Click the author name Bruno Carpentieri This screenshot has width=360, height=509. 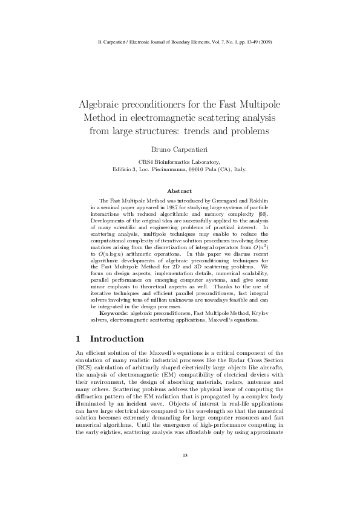tap(180, 148)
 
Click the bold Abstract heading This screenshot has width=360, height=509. tap(180, 191)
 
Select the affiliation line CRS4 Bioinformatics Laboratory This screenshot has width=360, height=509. tap(180, 162)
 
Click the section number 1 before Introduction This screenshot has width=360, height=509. tap(79, 339)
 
